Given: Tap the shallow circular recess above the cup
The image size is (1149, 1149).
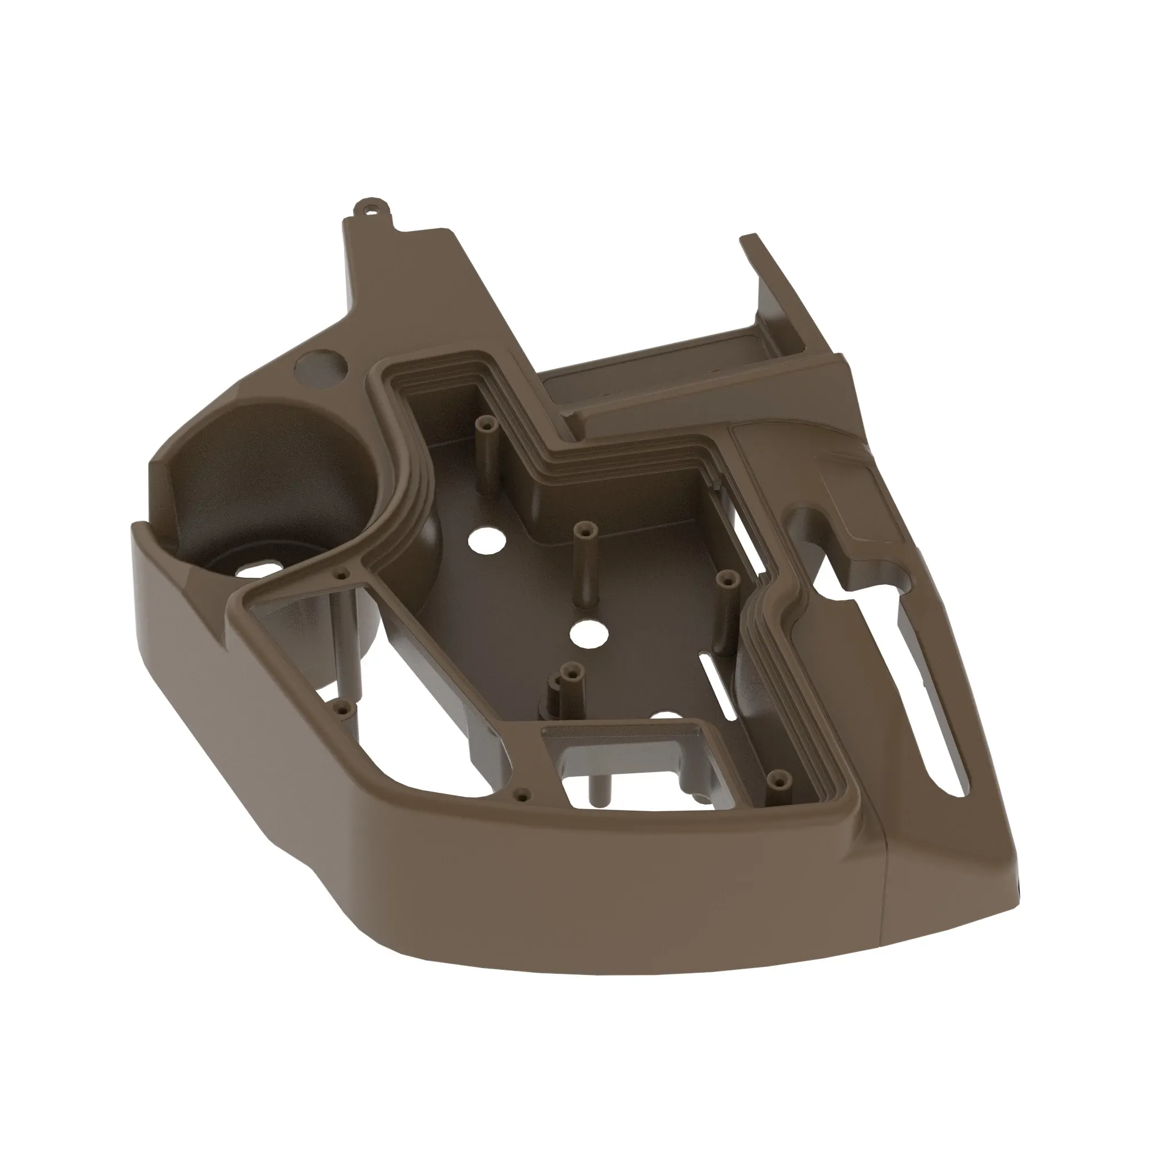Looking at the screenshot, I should [321, 368].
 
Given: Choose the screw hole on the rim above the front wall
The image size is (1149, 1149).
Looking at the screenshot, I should [522, 793].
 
